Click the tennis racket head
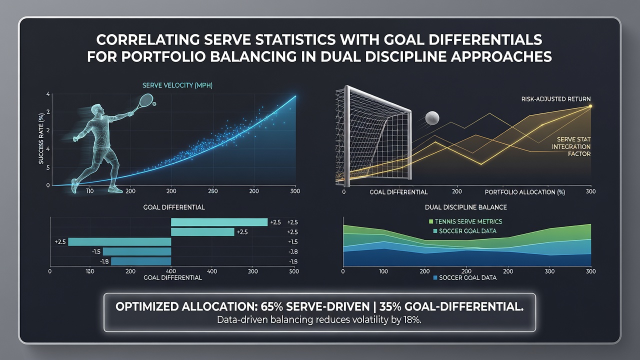pyautogui.click(x=147, y=99)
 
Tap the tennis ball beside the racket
pyautogui.click(x=154, y=104)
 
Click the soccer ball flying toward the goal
pyautogui.click(x=432, y=117)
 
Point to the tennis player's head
pyautogui.click(x=97, y=110)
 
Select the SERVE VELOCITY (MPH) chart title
pyautogui.click(x=177, y=85)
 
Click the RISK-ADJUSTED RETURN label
pyautogui.click(x=555, y=99)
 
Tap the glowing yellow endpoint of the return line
pyautogui.click(x=590, y=106)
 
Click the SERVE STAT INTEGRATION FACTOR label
pyautogui.click(x=571, y=146)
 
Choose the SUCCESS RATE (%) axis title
pyautogui.click(x=41, y=139)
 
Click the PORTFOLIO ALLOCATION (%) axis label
pyautogui.click(x=525, y=192)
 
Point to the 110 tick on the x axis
pyautogui.click(x=89, y=191)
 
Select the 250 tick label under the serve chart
pyautogui.click(x=213, y=191)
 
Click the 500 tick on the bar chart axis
pyautogui.click(x=293, y=271)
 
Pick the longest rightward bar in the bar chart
pyautogui.click(x=219, y=222)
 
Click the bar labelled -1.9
pyautogui.click(x=141, y=261)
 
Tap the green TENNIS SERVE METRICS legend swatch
pyautogui.click(x=431, y=221)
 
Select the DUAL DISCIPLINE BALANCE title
pyautogui.click(x=466, y=207)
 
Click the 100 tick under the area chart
pyautogui.click(x=383, y=271)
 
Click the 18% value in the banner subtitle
pyautogui.click(x=412, y=319)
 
